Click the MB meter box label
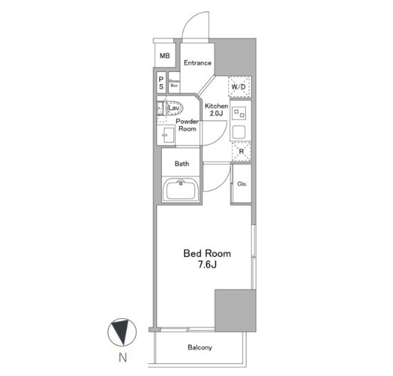(165, 56)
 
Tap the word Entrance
(198, 63)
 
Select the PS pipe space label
(161, 83)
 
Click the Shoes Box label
(174, 83)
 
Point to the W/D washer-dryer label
(238, 87)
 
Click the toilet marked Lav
(170, 108)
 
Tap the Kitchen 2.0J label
(216, 110)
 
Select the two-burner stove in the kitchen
(239, 113)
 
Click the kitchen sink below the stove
(239, 132)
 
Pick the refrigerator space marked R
(241, 151)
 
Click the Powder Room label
(187, 125)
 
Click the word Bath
(182, 163)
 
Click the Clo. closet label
(242, 184)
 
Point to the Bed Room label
(207, 253)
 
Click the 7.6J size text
(208, 265)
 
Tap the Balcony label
(200, 347)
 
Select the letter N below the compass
(123, 357)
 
